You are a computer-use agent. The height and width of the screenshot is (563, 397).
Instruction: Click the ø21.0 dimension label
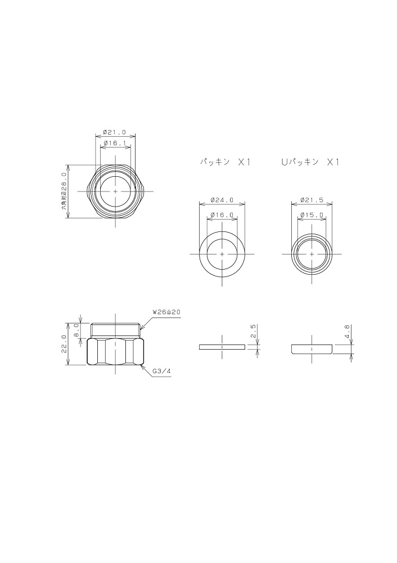tap(114, 132)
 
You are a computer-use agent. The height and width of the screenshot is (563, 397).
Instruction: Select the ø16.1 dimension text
tap(114, 143)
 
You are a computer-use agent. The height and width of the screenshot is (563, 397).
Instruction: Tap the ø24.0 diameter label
tap(222, 200)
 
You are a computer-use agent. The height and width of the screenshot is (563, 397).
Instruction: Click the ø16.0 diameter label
tap(222, 215)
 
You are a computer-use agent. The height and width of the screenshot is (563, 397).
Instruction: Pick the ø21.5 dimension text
tap(312, 200)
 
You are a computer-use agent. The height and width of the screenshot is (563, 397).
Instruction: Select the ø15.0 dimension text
tap(312, 215)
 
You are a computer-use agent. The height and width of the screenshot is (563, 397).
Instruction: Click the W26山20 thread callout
tap(166, 312)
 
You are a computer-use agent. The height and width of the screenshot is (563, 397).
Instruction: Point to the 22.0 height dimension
tap(64, 344)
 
